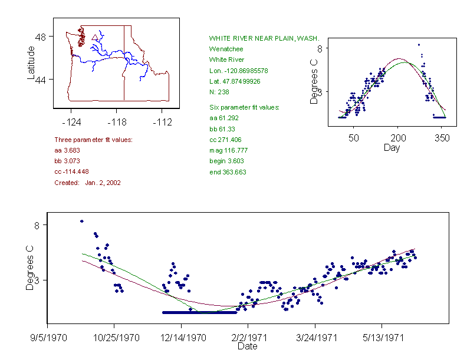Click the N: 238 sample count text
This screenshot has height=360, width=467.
coord(219,92)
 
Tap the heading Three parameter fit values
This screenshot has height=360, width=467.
coord(93,140)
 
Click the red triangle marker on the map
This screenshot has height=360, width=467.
coord(94,38)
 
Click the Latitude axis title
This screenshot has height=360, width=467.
coord(32,62)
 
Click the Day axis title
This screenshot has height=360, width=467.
coord(392,147)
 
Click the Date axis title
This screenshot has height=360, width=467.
coord(247,346)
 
